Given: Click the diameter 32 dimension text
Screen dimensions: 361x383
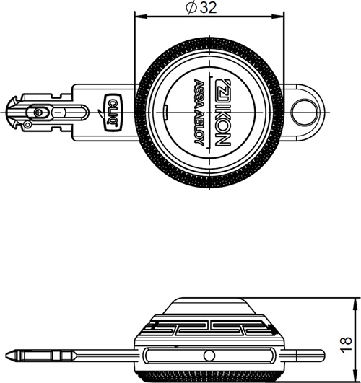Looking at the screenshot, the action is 201,8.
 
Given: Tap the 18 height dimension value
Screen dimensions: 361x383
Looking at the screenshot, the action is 346,345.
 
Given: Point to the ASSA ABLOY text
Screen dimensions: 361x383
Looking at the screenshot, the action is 199,112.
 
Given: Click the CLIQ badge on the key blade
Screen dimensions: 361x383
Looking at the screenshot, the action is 113,113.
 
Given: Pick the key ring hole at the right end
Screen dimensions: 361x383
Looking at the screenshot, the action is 305,113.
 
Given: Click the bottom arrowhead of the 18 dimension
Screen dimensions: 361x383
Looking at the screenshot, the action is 355,377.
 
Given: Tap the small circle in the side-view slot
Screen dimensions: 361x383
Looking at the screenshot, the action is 209,356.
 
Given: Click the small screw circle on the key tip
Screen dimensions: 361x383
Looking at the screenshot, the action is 39,113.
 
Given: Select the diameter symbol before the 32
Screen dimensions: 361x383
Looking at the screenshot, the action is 191,8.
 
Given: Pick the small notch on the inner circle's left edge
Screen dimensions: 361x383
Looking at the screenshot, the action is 166,113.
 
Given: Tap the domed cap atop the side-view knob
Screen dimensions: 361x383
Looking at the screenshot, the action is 209,306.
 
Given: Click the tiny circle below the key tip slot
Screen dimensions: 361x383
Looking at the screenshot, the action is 27,125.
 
